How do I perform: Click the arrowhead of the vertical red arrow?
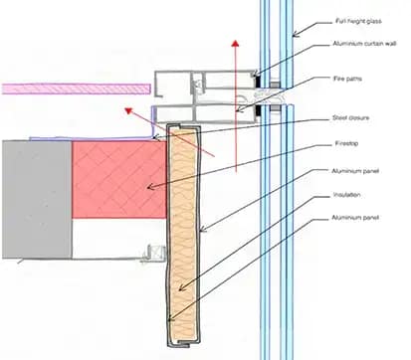pyautogui.click(x=235, y=46)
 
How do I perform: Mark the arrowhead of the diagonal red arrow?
pyautogui.click(x=128, y=112)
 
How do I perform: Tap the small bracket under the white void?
pyautogui.click(x=149, y=261)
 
